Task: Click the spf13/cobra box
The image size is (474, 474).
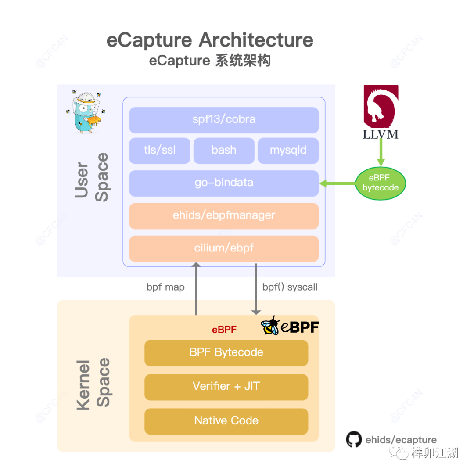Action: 224,120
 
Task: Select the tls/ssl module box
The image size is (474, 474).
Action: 160,150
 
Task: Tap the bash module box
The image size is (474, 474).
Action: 224,150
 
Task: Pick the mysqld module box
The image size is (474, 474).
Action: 288,150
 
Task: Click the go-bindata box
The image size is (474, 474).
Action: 224,183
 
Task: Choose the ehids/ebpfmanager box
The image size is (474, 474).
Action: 224,215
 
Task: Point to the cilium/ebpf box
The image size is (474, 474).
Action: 224,248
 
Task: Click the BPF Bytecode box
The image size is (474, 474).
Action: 226,352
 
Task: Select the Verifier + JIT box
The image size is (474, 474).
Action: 226,387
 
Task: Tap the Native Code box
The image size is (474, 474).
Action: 226,420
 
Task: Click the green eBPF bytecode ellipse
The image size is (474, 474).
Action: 381,183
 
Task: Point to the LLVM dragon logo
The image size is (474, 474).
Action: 381,105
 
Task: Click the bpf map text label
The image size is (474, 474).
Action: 165,287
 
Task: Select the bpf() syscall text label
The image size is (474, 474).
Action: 290,287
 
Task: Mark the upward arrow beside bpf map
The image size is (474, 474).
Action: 196,290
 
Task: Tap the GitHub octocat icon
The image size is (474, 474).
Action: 353,439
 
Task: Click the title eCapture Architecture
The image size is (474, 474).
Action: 210,40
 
